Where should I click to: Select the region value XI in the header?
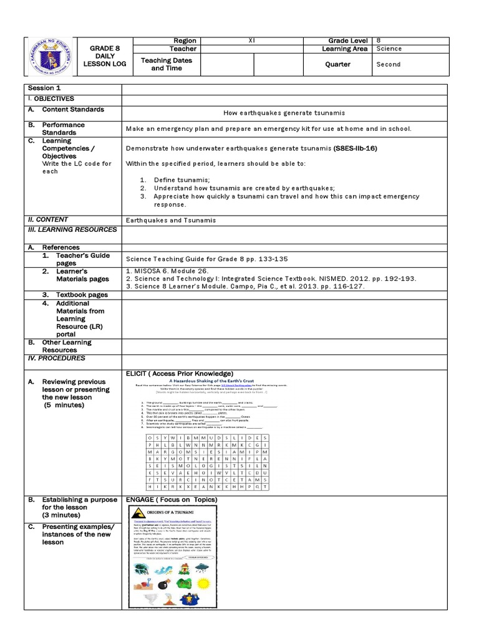click(251, 40)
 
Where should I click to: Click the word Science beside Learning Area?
click(389, 49)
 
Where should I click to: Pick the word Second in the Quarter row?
click(389, 64)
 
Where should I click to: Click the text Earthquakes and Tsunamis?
click(171, 220)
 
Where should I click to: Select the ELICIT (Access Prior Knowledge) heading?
click(180, 373)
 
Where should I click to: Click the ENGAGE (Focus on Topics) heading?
click(172, 500)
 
